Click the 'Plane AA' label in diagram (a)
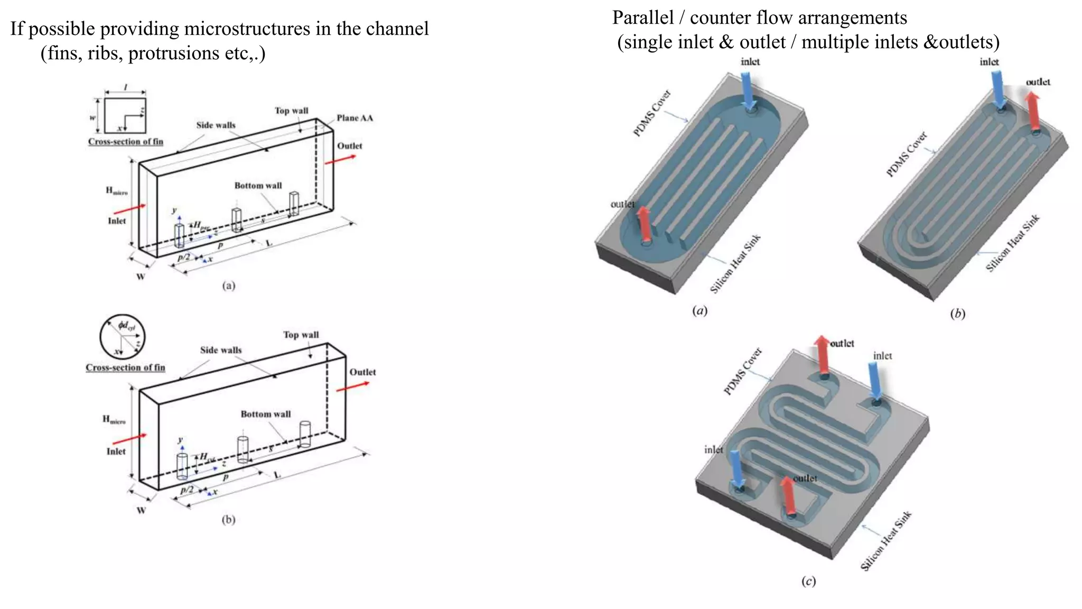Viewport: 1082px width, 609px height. [x=355, y=118]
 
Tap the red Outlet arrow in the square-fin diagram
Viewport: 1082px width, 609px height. [x=340, y=159]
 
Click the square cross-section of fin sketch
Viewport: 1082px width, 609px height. [x=125, y=115]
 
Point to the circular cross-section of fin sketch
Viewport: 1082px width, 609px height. [x=122, y=337]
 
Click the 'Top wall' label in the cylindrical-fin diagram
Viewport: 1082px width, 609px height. [x=301, y=335]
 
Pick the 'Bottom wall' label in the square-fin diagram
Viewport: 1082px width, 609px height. [x=258, y=186]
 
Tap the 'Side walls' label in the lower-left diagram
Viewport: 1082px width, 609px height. [x=220, y=350]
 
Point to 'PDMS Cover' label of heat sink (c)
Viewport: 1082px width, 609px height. [x=743, y=371]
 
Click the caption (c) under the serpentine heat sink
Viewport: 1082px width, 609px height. [x=808, y=582]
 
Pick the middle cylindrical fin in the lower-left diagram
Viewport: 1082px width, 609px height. [x=242, y=449]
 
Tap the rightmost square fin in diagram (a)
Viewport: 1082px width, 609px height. [x=294, y=205]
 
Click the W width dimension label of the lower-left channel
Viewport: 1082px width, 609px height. [x=141, y=511]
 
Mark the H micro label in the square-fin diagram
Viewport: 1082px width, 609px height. [x=116, y=191]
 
